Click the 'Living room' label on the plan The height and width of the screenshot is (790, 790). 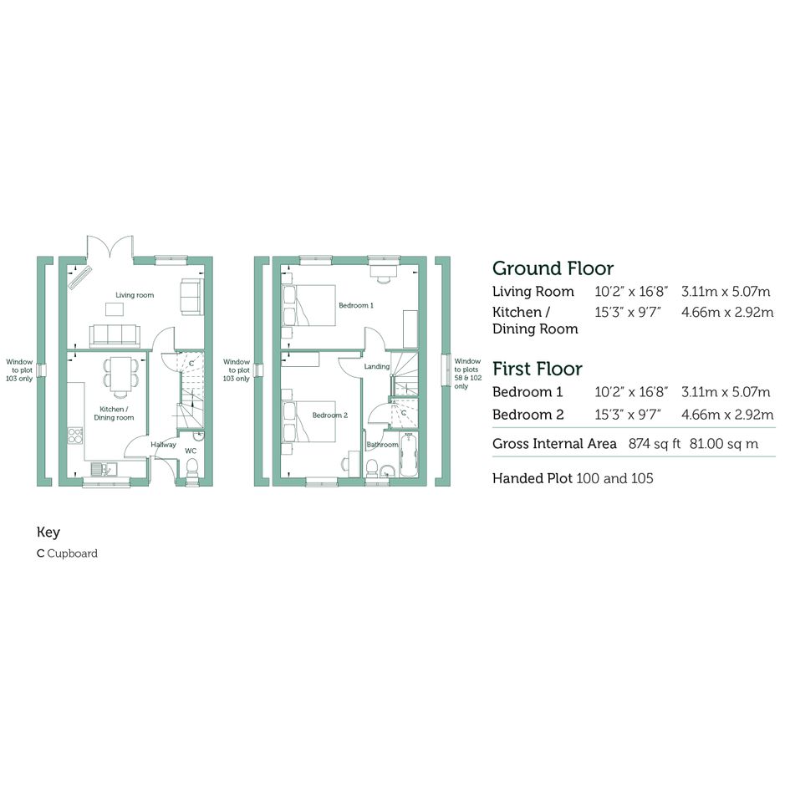point(135,295)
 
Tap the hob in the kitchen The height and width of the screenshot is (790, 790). point(75,436)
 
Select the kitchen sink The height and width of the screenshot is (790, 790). point(104,469)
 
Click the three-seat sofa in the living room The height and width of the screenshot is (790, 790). point(115,336)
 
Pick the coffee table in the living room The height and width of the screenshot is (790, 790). point(115,309)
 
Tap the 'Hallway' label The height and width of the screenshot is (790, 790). point(163,445)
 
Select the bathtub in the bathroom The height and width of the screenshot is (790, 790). point(408,455)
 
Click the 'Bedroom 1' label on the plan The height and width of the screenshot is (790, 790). point(356,305)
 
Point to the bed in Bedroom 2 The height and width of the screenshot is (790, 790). point(308,421)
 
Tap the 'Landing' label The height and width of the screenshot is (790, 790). point(377,367)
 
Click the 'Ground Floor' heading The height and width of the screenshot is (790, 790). point(553,268)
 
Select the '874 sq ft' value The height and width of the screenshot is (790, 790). point(654,444)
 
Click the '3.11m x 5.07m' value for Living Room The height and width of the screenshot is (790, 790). point(726,292)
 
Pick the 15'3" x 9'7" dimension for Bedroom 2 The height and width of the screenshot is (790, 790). point(628,415)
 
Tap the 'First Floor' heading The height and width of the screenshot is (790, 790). point(538,369)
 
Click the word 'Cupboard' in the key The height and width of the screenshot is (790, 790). point(73,553)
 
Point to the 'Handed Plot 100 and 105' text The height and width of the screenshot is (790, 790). point(573,478)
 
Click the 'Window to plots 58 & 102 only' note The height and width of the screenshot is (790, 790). point(467,374)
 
